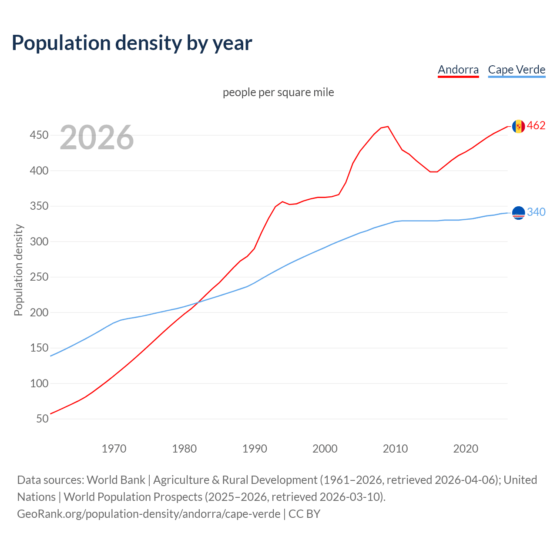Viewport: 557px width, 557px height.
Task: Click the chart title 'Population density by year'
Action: pyautogui.click(x=132, y=43)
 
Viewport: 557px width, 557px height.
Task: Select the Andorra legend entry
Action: pyautogui.click(x=458, y=70)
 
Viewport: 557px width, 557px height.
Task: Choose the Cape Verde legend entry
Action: pyautogui.click(x=517, y=70)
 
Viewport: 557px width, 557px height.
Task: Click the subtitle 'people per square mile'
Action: pyautogui.click(x=278, y=92)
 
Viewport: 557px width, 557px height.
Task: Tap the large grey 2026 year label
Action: pyautogui.click(x=97, y=138)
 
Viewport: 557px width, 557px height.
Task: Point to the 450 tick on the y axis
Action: pyautogui.click(x=39, y=135)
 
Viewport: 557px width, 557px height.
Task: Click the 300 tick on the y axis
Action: pyautogui.click(x=39, y=242)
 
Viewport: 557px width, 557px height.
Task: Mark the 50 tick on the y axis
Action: pyautogui.click(x=42, y=419)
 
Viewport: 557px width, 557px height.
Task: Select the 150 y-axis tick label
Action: pyautogui.click(x=39, y=348)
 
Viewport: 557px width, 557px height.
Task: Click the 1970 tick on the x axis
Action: pyautogui.click(x=114, y=449)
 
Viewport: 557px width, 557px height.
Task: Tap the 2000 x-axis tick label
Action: pyautogui.click(x=325, y=449)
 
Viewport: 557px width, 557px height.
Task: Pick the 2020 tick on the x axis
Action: pyautogui.click(x=466, y=449)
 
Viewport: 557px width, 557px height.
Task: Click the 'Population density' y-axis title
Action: pyautogui.click(x=18, y=270)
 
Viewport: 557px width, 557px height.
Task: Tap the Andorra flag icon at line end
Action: pyautogui.click(x=518, y=126)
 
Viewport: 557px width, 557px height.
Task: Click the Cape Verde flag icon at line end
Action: pyautogui.click(x=518, y=213)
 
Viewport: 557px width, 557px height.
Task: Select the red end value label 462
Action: pyautogui.click(x=536, y=126)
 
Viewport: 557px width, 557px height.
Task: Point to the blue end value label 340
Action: pyautogui.click(x=536, y=212)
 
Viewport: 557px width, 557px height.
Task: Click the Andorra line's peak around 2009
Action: pyautogui.click(x=388, y=127)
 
